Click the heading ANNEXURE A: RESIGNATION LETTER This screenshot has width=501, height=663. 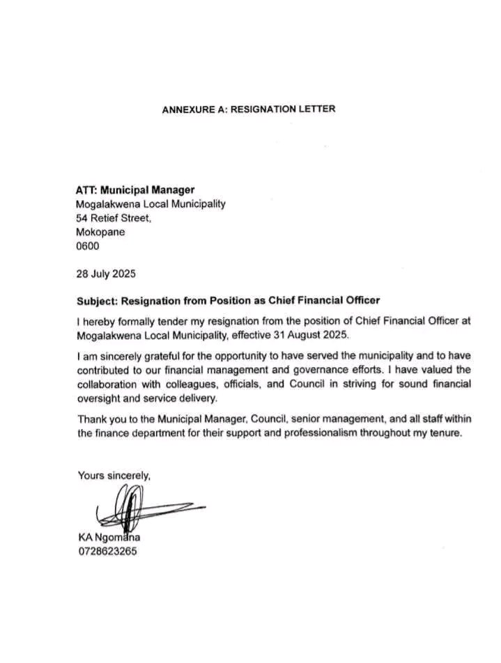(x=249, y=109)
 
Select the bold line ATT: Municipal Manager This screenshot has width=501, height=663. (x=134, y=189)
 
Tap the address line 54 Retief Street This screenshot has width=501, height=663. (x=112, y=218)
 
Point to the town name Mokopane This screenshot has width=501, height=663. (x=100, y=232)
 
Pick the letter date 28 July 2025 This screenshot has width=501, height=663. (x=106, y=274)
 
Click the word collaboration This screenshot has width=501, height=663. (x=107, y=384)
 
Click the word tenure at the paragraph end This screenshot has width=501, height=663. (x=442, y=433)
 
